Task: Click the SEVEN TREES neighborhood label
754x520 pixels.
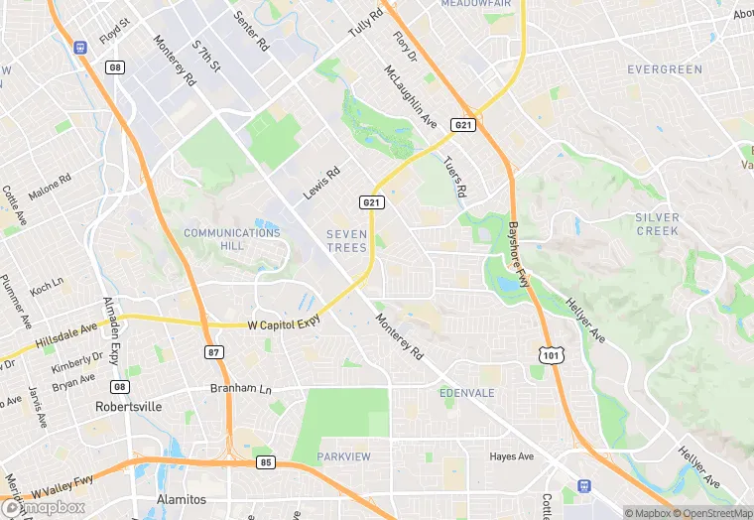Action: (347, 240)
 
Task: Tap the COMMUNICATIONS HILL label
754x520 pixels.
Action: (232, 238)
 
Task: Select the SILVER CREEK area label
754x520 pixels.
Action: (658, 224)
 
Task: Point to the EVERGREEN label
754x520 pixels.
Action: (665, 69)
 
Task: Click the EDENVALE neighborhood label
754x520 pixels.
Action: (466, 393)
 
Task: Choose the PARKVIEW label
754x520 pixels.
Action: (343, 456)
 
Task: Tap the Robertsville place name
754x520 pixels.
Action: (128, 407)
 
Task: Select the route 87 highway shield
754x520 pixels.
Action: (214, 352)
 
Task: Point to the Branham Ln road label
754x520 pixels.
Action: (240, 388)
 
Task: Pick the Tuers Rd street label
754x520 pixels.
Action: (454, 176)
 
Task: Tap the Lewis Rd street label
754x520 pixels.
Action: (321, 182)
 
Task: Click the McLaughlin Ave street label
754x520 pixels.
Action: (411, 96)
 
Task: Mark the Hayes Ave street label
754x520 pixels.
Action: (512, 456)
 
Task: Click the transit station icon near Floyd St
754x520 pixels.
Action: (80, 46)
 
